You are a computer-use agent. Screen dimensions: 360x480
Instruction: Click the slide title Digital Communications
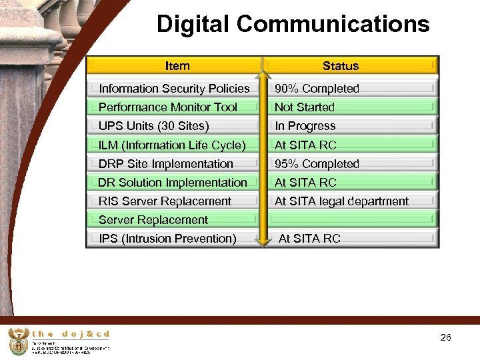[x=293, y=25]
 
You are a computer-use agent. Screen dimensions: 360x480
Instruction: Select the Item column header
[x=177, y=65]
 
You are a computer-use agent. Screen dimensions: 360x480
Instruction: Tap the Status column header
[x=341, y=65]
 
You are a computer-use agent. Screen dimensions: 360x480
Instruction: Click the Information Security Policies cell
[x=174, y=89]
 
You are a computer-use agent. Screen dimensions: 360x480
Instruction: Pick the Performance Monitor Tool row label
[x=168, y=107]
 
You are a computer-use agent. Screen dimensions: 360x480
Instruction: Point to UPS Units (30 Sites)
[x=154, y=126]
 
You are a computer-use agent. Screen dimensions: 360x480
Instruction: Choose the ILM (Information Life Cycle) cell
[x=172, y=145]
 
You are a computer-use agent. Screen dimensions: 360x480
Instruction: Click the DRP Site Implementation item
[x=166, y=163]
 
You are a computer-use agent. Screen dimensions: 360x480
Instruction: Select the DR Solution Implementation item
[x=173, y=182]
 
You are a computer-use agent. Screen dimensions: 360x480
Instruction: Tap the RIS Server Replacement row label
[x=165, y=201]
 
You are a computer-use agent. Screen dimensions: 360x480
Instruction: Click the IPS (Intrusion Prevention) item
[x=167, y=239]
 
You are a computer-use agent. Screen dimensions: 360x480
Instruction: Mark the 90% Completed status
[x=317, y=89]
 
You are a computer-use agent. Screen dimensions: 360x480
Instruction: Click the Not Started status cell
[x=305, y=107]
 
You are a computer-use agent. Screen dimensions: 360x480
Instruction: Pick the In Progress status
[x=305, y=126]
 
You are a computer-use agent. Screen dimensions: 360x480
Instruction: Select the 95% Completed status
[x=317, y=163]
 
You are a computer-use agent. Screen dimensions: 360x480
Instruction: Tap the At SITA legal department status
[x=341, y=201]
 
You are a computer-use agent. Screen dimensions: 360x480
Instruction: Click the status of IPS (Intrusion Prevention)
[x=309, y=239]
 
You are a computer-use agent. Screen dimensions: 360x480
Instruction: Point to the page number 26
[x=446, y=338]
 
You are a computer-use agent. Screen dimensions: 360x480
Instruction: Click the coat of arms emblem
[x=18, y=341]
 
